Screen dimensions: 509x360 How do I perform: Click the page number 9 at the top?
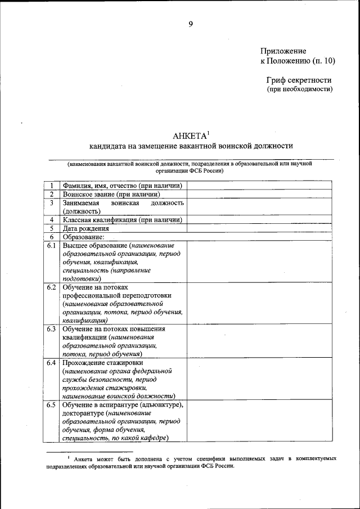click(x=191, y=24)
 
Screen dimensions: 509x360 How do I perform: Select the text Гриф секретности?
click(x=299, y=80)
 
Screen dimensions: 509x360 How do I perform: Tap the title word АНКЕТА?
click(x=190, y=136)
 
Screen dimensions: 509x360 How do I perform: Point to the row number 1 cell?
click(x=51, y=186)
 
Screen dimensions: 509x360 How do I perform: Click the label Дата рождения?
click(x=86, y=228)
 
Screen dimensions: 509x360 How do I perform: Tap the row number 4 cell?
click(x=51, y=220)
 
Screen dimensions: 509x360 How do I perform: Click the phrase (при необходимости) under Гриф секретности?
click(x=299, y=89)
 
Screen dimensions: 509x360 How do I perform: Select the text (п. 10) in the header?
click(x=323, y=60)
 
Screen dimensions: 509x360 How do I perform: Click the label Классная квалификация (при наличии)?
click(x=122, y=220)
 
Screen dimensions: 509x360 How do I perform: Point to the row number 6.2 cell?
click(x=51, y=287)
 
